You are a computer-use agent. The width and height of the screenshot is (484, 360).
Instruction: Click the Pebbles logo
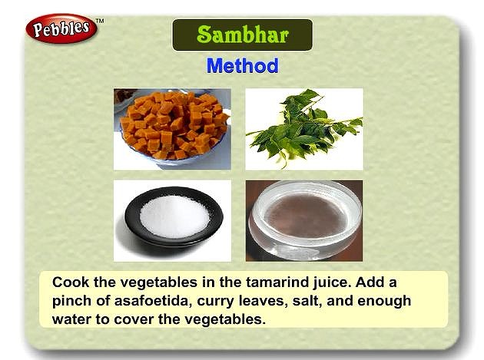tap(61, 28)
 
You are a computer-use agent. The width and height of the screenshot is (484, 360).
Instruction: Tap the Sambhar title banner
tap(242, 35)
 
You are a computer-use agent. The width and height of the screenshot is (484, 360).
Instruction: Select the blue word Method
tap(242, 66)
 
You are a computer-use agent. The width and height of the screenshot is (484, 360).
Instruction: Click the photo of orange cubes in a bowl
tap(172, 129)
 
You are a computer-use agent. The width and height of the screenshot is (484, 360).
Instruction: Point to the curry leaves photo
tap(304, 129)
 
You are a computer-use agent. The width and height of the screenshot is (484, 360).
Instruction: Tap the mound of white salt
tap(174, 216)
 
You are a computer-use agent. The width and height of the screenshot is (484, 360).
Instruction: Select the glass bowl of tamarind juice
tap(305, 220)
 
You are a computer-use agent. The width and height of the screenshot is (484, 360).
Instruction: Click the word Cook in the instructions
tap(71, 282)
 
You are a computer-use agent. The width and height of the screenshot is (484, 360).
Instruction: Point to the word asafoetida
tap(151, 301)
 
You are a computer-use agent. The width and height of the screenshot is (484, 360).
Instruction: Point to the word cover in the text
tap(133, 319)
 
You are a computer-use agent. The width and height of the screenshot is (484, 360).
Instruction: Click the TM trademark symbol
tap(99, 21)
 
